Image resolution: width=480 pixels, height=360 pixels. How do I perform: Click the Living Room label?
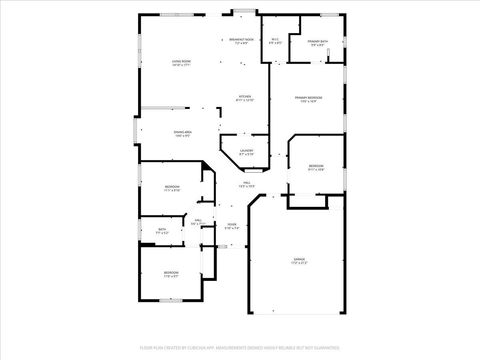point(181,62)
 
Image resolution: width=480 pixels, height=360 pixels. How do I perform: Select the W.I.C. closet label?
point(275,41)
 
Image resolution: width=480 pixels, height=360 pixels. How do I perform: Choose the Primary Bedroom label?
point(305,99)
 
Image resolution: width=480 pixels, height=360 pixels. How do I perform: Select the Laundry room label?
point(246,153)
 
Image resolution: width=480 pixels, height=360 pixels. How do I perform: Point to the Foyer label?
point(231,226)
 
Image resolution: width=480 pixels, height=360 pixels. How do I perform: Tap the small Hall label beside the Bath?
point(198,222)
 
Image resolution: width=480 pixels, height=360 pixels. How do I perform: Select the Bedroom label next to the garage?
point(316,168)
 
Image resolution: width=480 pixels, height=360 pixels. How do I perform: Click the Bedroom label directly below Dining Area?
point(172,189)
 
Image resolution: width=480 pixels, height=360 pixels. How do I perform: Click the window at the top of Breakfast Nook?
point(240,12)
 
